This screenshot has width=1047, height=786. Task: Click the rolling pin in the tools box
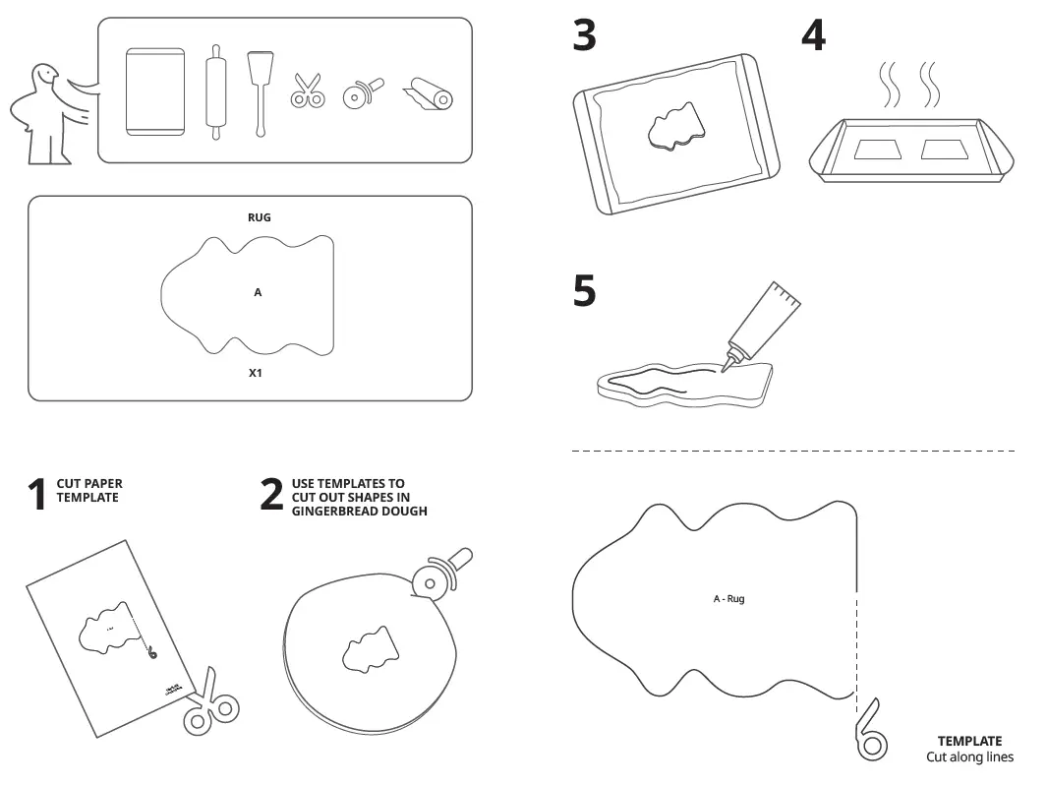pos(215,92)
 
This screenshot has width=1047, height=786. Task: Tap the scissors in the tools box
pos(307,91)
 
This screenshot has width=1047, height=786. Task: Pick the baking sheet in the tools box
pos(155,91)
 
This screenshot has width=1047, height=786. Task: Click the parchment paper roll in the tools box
pos(430,95)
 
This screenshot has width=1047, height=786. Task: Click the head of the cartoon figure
pos(44,78)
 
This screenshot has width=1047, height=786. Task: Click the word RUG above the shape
pos(259,217)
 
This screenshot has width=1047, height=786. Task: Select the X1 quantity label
pos(256,374)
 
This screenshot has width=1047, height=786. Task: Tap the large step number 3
pos(585,36)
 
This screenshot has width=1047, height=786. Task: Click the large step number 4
pos(813,36)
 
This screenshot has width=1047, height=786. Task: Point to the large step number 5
pos(585,291)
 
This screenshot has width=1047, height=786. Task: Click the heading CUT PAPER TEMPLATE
pos(88,490)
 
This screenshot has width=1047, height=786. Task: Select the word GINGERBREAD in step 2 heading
pos(330,512)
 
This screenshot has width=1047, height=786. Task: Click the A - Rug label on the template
pos(728,598)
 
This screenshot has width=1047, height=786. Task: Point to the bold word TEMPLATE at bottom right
pos(969,742)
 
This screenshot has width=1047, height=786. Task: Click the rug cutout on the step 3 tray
pos(676,126)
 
